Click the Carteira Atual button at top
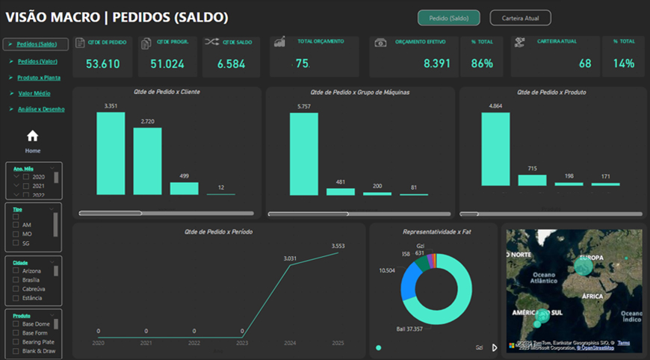point(520,18)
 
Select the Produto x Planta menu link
point(39,77)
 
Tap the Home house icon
point(32,136)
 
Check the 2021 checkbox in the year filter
point(27,186)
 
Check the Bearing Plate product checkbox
point(16,341)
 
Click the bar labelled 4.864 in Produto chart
point(495,149)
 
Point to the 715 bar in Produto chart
point(532,180)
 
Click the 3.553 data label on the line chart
point(338,246)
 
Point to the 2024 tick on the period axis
point(291,343)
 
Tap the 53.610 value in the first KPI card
point(103,64)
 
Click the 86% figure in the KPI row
point(482,64)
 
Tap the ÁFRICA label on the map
point(592,296)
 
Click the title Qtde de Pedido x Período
point(218,232)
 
